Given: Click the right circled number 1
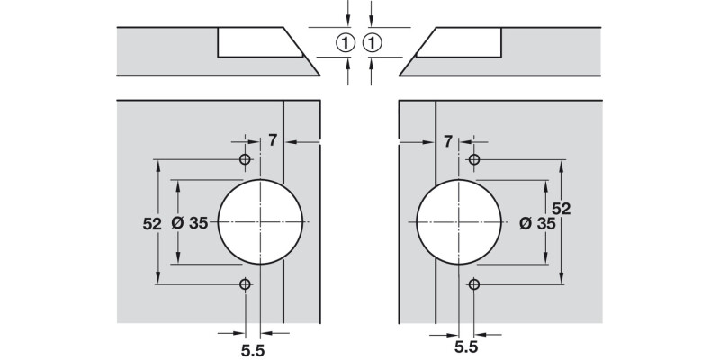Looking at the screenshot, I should coord(373,42).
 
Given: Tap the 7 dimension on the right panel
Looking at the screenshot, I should coord(447,140).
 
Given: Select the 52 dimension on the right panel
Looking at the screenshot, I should coord(561,209).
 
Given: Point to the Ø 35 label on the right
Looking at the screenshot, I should coord(537,223).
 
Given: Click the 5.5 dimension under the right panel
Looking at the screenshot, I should coord(465,346).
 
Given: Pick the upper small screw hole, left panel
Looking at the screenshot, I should coord(244,159).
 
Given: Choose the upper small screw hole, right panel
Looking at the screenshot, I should coord(474,159).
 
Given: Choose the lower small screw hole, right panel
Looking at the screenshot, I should coord(474,284).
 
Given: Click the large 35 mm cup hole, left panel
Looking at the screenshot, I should coord(261,221).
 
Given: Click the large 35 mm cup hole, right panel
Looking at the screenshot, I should coord(458,221).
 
